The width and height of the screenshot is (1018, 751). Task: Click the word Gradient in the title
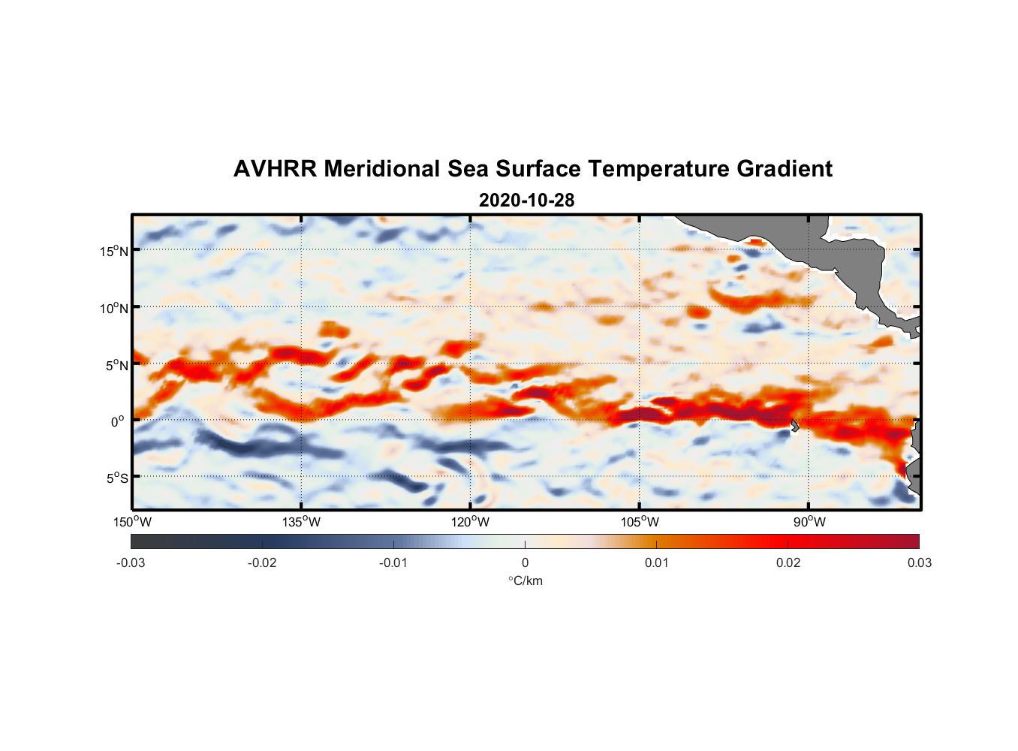[784, 169]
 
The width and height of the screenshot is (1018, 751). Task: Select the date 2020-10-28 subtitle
[526, 201]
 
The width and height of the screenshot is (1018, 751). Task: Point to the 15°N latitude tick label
[114, 251]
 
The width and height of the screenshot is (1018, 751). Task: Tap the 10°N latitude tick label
[114, 308]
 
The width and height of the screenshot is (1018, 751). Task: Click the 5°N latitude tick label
[117, 365]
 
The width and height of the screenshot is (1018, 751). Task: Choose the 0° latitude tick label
[118, 421]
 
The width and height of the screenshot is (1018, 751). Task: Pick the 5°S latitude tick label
[117, 478]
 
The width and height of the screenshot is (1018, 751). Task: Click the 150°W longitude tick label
[133, 522]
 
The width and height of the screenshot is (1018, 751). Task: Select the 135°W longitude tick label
[302, 522]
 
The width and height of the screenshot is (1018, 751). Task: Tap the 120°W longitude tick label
[471, 522]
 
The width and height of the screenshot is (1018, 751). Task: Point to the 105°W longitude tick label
[640, 522]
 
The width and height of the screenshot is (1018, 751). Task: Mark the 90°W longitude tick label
[809, 522]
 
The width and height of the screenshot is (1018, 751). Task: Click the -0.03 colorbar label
[131, 563]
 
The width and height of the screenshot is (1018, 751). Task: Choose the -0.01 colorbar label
[393, 563]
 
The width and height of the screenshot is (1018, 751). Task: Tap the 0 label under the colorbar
[525, 563]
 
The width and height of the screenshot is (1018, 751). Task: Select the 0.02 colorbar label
[788, 563]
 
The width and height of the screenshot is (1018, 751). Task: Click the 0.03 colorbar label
[919, 563]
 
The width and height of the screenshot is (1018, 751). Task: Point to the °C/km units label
[525, 581]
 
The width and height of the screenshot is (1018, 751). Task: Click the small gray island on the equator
[794, 425]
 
